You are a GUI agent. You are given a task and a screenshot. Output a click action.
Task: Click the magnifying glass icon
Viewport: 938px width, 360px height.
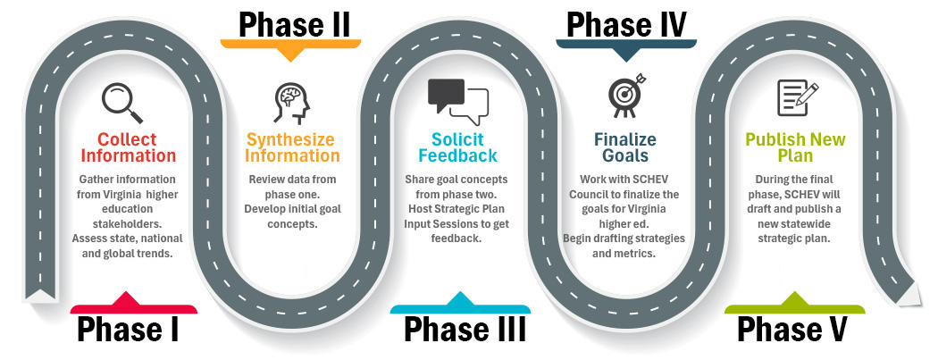[x=122, y=102]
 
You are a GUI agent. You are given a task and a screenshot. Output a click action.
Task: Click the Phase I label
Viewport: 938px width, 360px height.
[x=128, y=329]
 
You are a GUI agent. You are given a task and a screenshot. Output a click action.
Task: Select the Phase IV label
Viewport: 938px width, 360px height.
[x=626, y=21]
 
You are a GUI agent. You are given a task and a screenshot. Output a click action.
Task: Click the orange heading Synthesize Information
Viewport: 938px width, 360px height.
[x=292, y=147]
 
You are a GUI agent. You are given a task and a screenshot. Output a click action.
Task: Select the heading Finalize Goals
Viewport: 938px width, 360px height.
[x=624, y=147]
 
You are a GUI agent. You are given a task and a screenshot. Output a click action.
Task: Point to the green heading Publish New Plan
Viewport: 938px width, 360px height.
[x=795, y=147]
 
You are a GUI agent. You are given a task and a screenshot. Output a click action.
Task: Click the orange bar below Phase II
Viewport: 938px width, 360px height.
[x=291, y=43]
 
